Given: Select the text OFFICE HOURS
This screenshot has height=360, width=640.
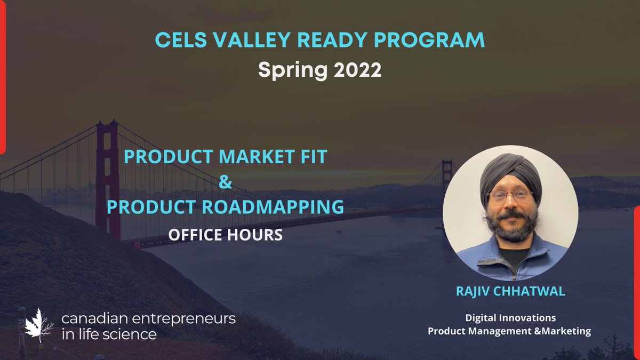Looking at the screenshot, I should pos(225,234).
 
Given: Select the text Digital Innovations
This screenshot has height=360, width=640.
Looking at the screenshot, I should pos(510,318).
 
